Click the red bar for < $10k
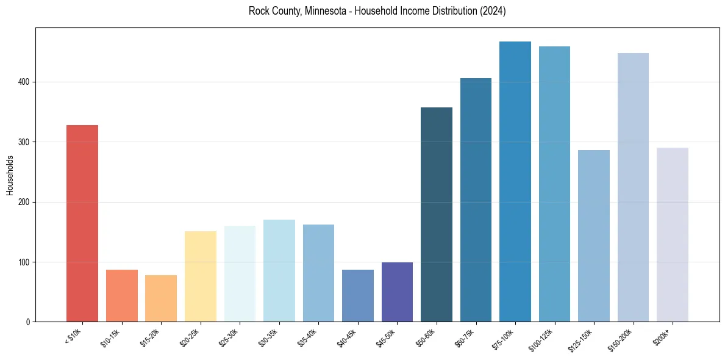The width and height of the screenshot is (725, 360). click(x=82, y=223)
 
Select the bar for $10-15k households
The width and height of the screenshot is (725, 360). click(x=121, y=296)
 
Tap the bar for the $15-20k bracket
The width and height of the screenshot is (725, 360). click(x=161, y=298)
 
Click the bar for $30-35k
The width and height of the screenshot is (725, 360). click(x=279, y=271)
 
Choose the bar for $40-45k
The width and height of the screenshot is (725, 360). click(x=357, y=296)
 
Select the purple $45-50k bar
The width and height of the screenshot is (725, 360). click(x=397, y=292)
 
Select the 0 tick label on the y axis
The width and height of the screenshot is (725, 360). click(x=27, y=322)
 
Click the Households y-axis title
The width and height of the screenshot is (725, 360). click(x=10, y=175)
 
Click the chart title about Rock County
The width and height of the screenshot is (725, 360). click(x=377, y=11)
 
